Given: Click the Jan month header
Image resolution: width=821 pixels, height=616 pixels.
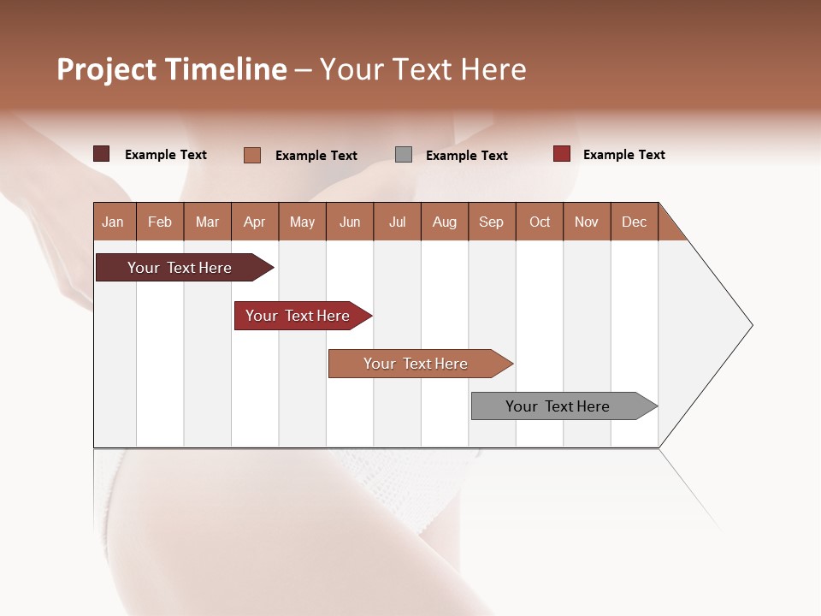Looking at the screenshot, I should [114, 222].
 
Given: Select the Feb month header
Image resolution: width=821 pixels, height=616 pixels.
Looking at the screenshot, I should [160, 222].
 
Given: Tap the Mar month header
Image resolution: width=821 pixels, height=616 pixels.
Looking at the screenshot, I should [207, 222].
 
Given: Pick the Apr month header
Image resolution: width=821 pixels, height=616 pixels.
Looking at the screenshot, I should [255, 222].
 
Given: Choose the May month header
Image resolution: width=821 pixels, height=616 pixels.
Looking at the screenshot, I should [302, 222].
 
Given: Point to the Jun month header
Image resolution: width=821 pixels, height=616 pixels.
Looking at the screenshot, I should [350, 222].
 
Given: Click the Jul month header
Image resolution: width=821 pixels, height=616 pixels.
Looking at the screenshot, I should [397, 222].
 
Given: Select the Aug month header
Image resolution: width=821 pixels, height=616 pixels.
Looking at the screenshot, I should [445, 222].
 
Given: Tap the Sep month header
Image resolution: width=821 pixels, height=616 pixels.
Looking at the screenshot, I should [492, 222].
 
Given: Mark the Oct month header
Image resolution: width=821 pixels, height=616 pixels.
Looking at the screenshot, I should [540, 222].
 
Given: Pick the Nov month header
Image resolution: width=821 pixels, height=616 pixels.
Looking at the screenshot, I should [587, 222].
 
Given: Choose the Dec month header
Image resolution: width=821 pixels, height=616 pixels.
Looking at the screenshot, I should [634, 222].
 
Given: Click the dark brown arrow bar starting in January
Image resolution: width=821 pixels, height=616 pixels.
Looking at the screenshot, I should [180, 268].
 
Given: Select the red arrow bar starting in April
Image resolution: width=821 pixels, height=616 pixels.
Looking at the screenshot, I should [298, 316].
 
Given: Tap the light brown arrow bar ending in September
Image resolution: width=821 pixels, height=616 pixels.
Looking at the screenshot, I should [416, 364].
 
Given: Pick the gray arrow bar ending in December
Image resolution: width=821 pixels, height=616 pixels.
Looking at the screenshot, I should [558, 406].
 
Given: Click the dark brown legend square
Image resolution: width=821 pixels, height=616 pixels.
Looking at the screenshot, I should [102, 154].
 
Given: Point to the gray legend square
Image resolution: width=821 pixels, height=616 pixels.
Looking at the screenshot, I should [404, 155].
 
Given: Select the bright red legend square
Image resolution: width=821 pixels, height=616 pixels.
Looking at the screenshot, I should [561, 154].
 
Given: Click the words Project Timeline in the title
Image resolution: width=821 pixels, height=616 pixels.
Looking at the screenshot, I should [172, 69].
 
